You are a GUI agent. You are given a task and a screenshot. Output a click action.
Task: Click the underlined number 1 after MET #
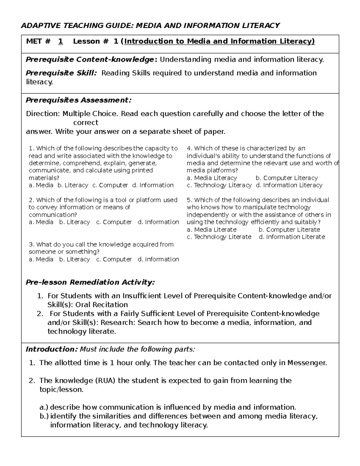(61, 41)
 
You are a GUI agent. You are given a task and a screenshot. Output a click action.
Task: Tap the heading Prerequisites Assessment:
(79, 100)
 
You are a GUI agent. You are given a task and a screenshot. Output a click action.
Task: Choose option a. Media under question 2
(41, 222)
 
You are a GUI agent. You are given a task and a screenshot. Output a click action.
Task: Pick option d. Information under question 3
(158, 260)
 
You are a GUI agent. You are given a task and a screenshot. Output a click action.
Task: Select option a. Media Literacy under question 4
(212, 178)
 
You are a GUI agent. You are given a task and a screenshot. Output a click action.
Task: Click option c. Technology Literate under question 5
(219, 237)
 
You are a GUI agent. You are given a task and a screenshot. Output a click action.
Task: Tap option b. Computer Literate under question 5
(289, 230)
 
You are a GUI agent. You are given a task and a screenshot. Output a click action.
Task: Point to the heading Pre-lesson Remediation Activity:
(90, 282)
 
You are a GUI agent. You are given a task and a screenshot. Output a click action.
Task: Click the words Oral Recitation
(102, 305)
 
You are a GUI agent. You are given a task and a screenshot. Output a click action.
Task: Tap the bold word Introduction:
(52, 349)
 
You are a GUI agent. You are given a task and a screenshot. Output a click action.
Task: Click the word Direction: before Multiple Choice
(43, 114)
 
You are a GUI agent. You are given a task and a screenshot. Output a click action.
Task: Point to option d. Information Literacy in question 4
(289, 185)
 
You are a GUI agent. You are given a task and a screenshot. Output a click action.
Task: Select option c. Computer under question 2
(114, 222)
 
